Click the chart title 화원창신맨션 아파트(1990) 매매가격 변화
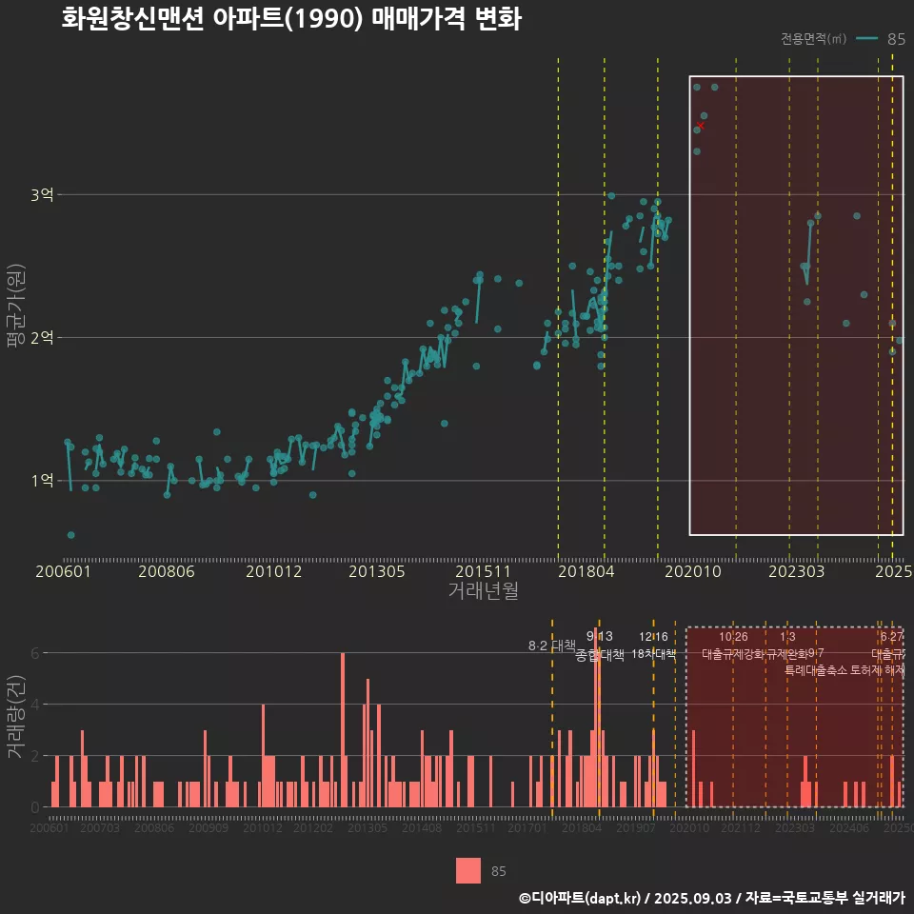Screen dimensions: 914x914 click(290, 19)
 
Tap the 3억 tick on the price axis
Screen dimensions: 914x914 click(41, 195)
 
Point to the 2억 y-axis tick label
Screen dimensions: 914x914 click(41, 338)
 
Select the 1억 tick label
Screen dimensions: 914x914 click(41, 481)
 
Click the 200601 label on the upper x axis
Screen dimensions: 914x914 click(63, 571)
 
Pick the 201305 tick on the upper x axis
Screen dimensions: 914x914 click(377, 571)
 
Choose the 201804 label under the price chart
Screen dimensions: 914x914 click(586, 571)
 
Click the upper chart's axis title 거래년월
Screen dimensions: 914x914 click(483, 591)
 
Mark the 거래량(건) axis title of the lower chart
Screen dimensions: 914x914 click(14, 717)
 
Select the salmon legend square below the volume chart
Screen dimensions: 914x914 click(468, 870)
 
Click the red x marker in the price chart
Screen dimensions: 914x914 click(701, 126)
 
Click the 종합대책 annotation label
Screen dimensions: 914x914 click(600, 655)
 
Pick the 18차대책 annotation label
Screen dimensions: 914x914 click(653, 654)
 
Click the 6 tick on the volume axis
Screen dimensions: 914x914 click(35, 653)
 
